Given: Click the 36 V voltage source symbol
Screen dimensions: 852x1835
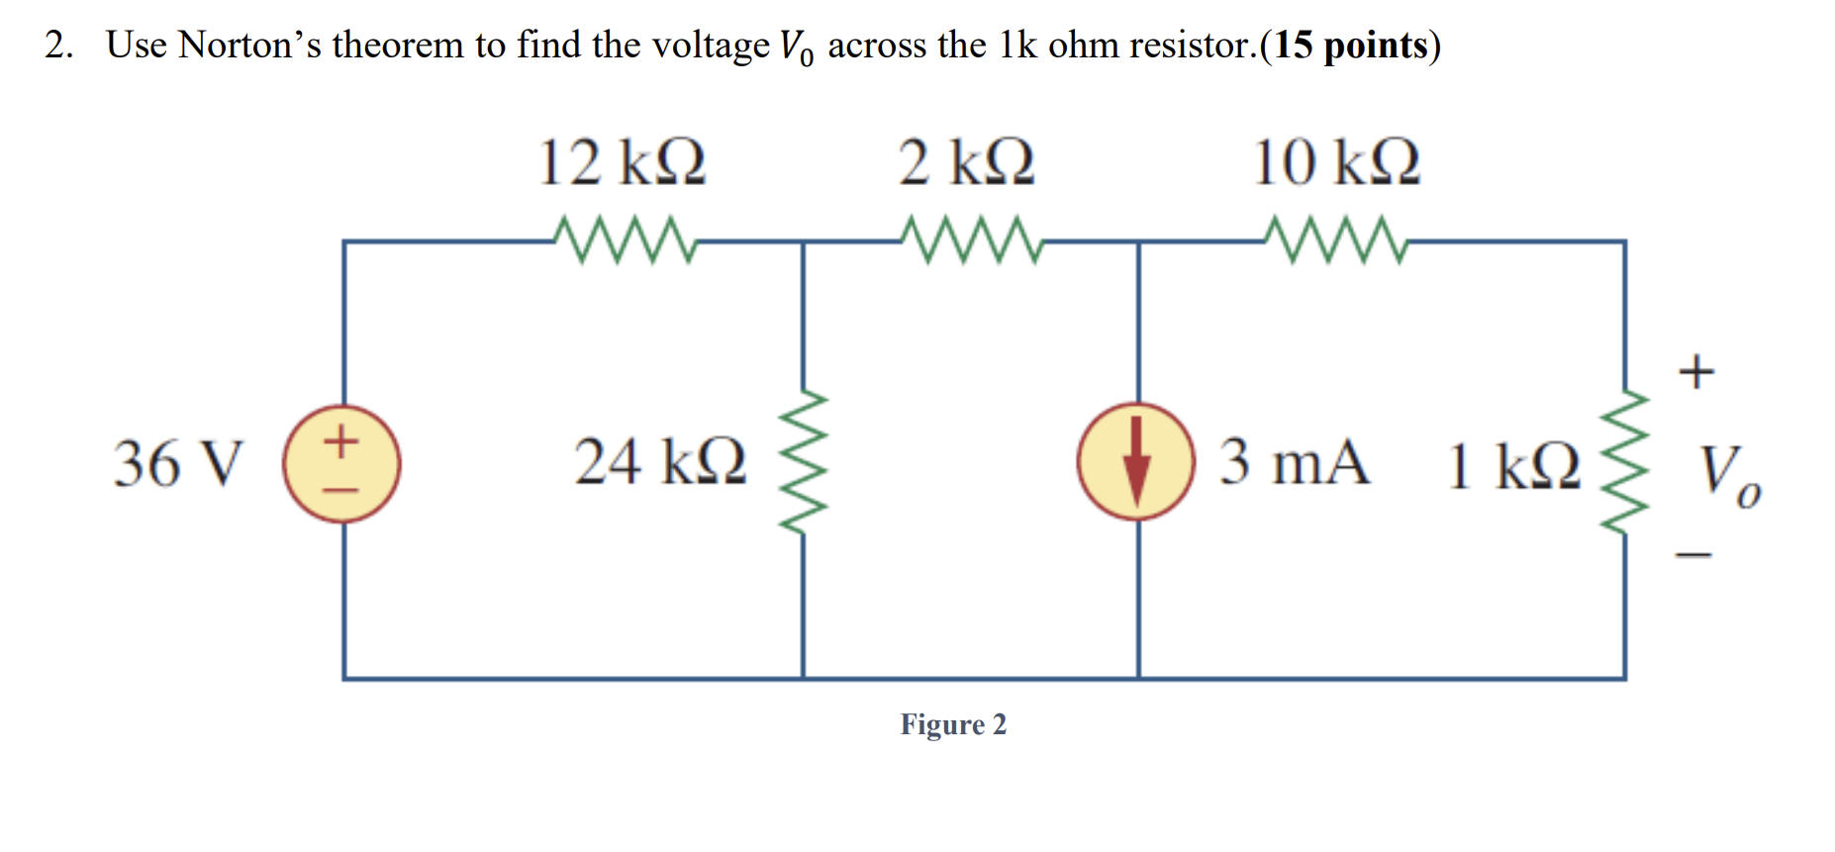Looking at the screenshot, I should tap(341, 463).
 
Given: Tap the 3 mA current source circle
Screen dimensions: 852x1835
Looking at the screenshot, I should tap(1136, 461).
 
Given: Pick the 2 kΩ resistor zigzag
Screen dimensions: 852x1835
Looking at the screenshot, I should tap(971, 240).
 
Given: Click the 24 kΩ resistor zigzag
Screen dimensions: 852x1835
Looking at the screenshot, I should tap(804, 462).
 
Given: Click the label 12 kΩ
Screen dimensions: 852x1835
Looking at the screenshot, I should tap(622, 162).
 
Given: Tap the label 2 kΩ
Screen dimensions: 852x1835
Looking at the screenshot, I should tap(966, 162).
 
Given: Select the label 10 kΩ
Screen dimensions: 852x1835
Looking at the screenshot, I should tap(1336, 162).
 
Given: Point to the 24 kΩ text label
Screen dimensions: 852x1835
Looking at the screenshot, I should tap(660, 462).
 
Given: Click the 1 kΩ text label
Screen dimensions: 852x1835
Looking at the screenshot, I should tap(1513, 466).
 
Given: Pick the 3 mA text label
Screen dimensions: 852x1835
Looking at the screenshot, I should tap(1295, 461).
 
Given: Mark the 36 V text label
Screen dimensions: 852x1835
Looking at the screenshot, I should tap(178, 463).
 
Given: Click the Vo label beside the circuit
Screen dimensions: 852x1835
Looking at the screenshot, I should tap(1728, 474).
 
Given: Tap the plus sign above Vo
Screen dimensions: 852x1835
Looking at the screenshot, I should tap(1695, 371).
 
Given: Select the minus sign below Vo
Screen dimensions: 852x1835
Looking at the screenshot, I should tap(1693, 555).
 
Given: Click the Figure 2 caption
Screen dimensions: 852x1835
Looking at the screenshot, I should tap(953, 724).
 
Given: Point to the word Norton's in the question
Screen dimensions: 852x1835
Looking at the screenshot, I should tap(249, 46).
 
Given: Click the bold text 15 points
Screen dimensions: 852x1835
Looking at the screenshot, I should tap(1350, 46).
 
